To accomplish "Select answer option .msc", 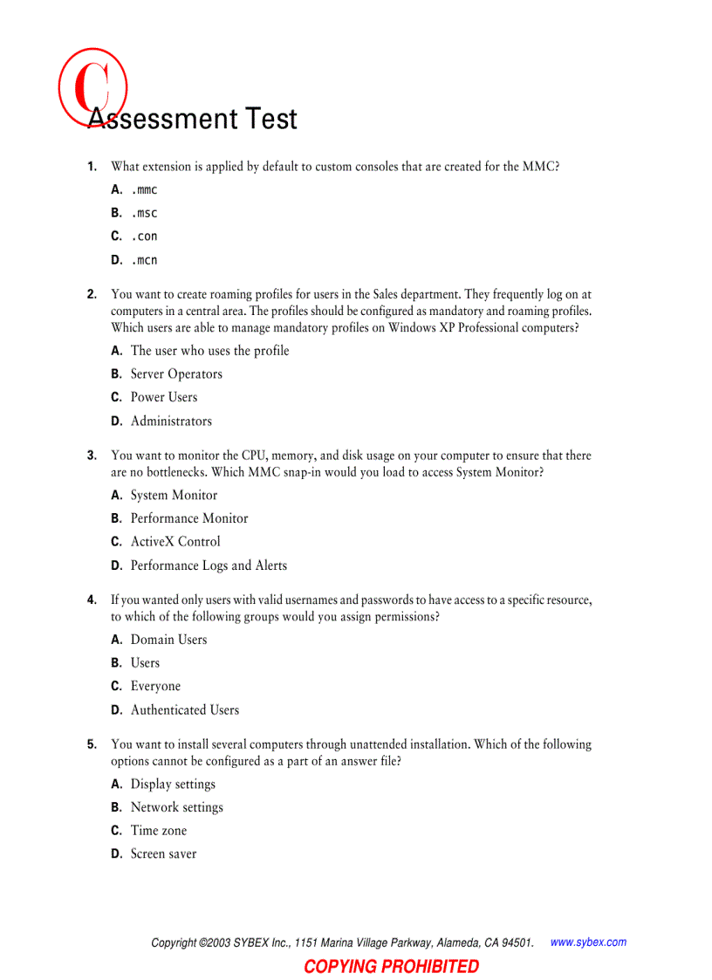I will [x=144, y=213].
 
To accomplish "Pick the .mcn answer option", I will [x=144, y=260].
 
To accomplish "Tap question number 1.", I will [x=92, y=166].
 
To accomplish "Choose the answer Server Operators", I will [x=176, y=373].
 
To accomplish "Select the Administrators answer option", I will [x=171, y=421].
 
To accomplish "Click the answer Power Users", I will [x=164, y=397].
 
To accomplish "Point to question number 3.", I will [x=92, y=455].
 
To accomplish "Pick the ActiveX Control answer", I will [x=175, y=541].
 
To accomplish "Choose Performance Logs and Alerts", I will [x=209, y=565].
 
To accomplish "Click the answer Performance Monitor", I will [x=189, y=518].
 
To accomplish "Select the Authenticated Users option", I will [x=184, y=710].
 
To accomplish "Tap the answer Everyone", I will [x=155, y=686].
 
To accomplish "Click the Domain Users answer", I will [x=168, y=640].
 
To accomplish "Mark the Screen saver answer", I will [x=163, y=854].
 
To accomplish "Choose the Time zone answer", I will [x=158, y=831].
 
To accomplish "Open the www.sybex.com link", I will [x=588, y=942].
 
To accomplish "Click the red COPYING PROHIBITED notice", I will [x=391, y=966].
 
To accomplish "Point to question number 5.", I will [x=92, y=744].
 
